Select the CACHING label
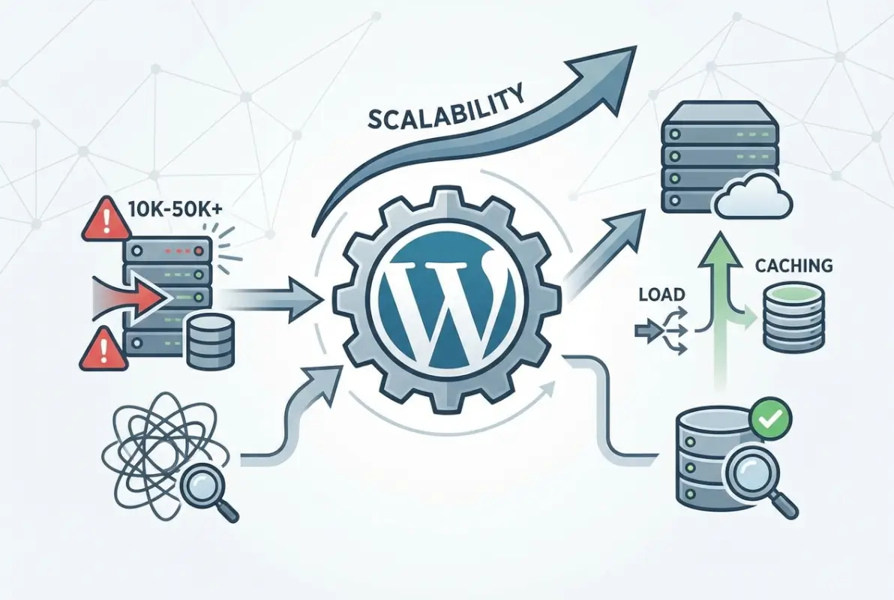point(794,265)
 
